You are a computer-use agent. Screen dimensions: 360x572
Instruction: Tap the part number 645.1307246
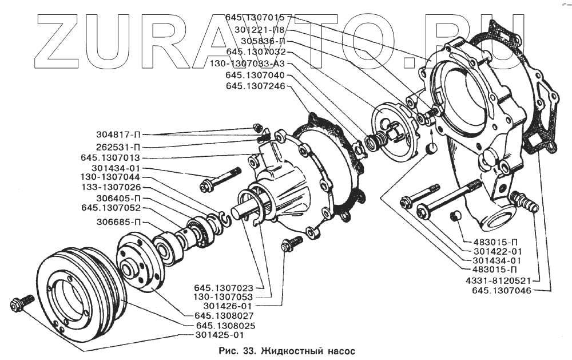click(255, 86)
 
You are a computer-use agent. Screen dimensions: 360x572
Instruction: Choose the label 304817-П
click(118, 135)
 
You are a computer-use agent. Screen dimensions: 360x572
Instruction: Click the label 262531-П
click(118, 146)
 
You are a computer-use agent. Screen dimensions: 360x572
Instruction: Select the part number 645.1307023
click(223, 287)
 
